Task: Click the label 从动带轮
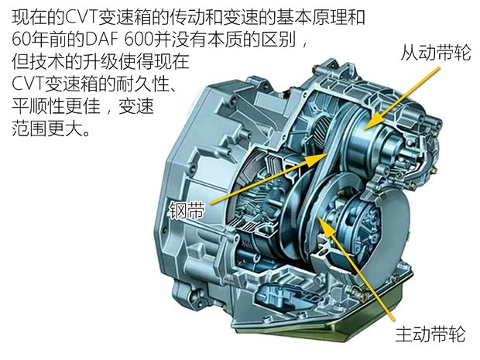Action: coord(436,53)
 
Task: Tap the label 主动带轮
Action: coord(430,334)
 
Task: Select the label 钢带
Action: coord(187,210)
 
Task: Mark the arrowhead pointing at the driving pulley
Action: coord(324,225)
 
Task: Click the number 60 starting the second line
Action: coord(21,39)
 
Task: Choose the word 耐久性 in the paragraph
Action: coord(142,84)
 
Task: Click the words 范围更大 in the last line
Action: coord(47,128)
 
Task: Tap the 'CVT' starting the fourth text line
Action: coord(28,84)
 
